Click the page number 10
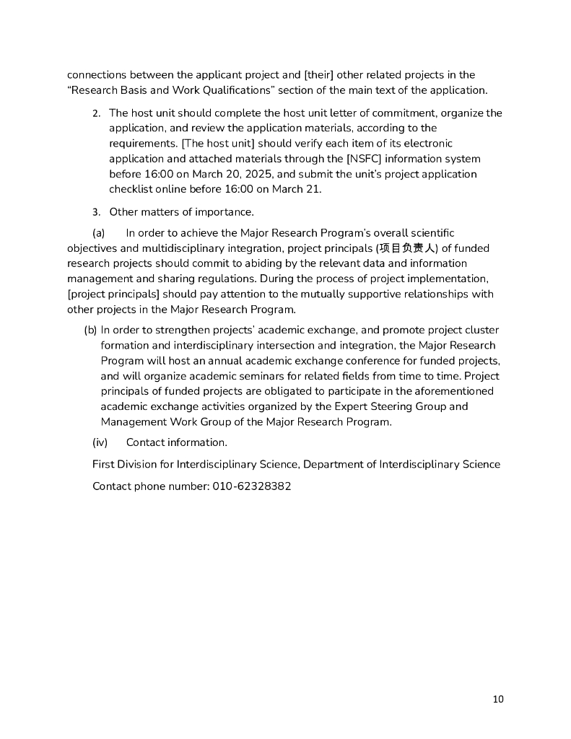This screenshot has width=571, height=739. (498, 699)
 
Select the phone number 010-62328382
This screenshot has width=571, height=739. (252, 486)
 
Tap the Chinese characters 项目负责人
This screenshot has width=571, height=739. (411, 248)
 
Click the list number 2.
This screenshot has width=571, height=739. (96, 113)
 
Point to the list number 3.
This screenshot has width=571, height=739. (96, 212)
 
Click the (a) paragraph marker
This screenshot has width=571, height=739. (99, 233)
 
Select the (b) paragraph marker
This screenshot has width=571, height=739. (91, 330)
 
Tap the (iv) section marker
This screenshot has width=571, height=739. (100, 442)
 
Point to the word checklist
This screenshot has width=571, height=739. (133, 189)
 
